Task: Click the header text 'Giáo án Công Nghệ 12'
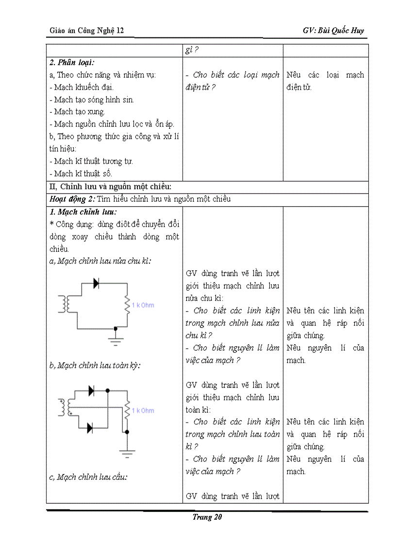pos(87,31)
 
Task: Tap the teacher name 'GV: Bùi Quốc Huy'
pos(333,31)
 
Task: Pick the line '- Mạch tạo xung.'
pos(77,112)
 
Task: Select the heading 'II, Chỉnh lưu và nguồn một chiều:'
pos(110,186)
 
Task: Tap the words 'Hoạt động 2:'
pos(72,199)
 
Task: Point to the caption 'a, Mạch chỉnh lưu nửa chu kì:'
pos(100,261)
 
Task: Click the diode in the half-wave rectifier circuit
pos(96,284)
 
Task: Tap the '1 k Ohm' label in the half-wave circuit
pos(143,305)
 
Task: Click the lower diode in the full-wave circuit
pos(90,428)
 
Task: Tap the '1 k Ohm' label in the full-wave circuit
pos(143,410)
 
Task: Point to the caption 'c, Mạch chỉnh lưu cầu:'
pos(88,477)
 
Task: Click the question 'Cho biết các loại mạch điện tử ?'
pos(232,81)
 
